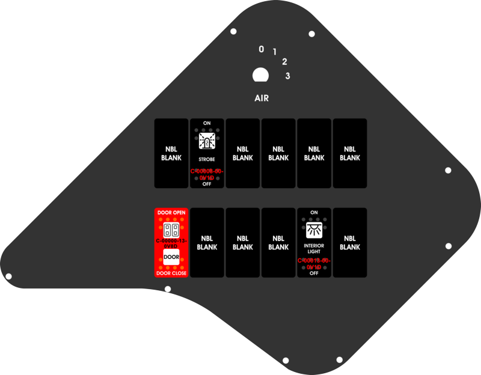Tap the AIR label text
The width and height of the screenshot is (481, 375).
(x=262, y=98)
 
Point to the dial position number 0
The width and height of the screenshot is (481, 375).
(x=261, y=49)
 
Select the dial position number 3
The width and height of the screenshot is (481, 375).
(x=288, y=76)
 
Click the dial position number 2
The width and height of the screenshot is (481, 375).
(x=284, y=61)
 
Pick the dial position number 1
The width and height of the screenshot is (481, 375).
(x=275, y=52)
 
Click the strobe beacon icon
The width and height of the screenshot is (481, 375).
(x=207, y=141)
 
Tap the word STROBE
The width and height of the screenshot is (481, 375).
(x=207, y=160)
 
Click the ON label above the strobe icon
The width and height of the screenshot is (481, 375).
(x=207, y=123)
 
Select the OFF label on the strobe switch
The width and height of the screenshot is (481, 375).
(x=207, y=184)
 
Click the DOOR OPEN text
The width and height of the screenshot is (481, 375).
(x=171, y=213)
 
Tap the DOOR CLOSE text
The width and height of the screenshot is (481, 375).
(x=171, y=273)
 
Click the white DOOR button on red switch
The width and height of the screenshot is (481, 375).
(x=171, y=258)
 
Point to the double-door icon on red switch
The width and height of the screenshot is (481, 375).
(x=171, y=230)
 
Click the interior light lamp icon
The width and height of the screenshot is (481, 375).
(x=314, y=230)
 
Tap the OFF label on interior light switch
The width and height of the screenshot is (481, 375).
(x=314, y=273)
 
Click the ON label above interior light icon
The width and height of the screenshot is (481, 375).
(x=314, y=213)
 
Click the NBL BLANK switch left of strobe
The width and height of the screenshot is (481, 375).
(x=171, y=153)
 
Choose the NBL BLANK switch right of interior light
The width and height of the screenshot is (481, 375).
(x=350, y=243)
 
